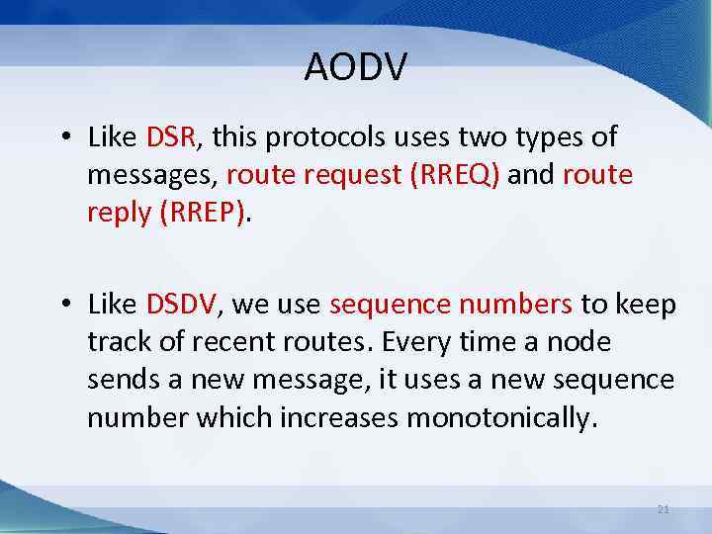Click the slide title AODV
(356, 67)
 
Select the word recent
(231, 343)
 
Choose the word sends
(118, 381)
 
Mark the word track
(116, 343)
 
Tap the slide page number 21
(664, 509)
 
